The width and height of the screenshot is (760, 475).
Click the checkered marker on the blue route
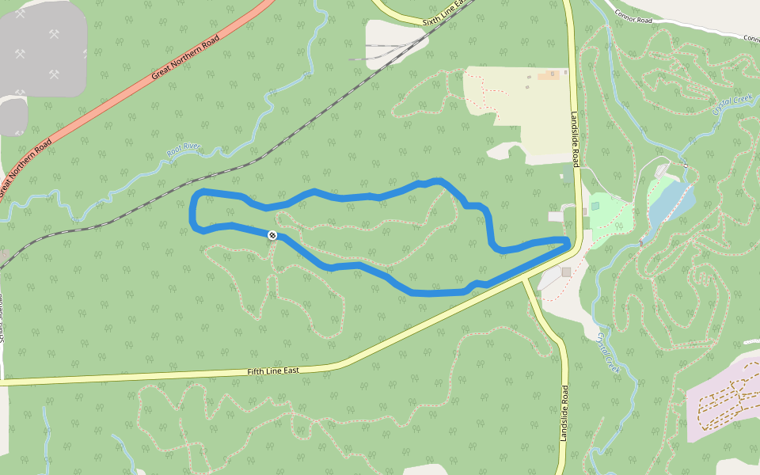tap(272, 235)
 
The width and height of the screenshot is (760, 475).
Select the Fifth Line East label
tap(273, 370)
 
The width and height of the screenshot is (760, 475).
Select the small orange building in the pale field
tap(548, 76)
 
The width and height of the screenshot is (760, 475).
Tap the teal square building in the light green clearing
tap(595, 206)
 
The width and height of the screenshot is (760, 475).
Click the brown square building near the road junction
tap(566, 272)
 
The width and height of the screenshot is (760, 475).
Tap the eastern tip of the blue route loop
tap(567, 240)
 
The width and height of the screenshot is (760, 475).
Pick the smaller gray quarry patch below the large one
tap(12, 116)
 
